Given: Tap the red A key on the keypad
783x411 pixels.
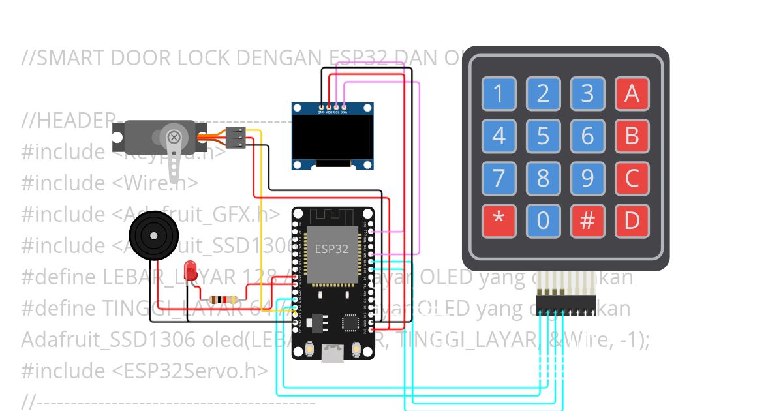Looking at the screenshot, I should pyautogui.click(x=632, y=94).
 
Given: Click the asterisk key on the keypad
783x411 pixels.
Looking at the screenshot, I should pyautogui.click(x=499, y=221).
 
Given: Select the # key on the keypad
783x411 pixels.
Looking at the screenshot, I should pyautogui.click(x=587, y=221).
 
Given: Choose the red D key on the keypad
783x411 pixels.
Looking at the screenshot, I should pyautogui.click(x=632, y=221).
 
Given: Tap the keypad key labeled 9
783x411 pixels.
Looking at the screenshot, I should pyautogui.click(x=587, y=178).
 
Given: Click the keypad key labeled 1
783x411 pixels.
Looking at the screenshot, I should pyautogui.click(x=499, y=94).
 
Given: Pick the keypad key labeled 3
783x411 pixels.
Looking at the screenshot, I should pyautogui.click(x=587, y=94).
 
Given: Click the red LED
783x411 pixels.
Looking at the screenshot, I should pyautogui.click(x=191, y=270).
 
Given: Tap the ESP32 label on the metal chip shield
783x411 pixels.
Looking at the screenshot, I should pyautogui.click(x=331, y=249).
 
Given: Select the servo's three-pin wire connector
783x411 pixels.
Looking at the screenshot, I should pyautogui.click(x=238, y=138).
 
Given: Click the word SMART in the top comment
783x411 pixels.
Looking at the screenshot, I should pyautogui.click(x=70, y=58).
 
